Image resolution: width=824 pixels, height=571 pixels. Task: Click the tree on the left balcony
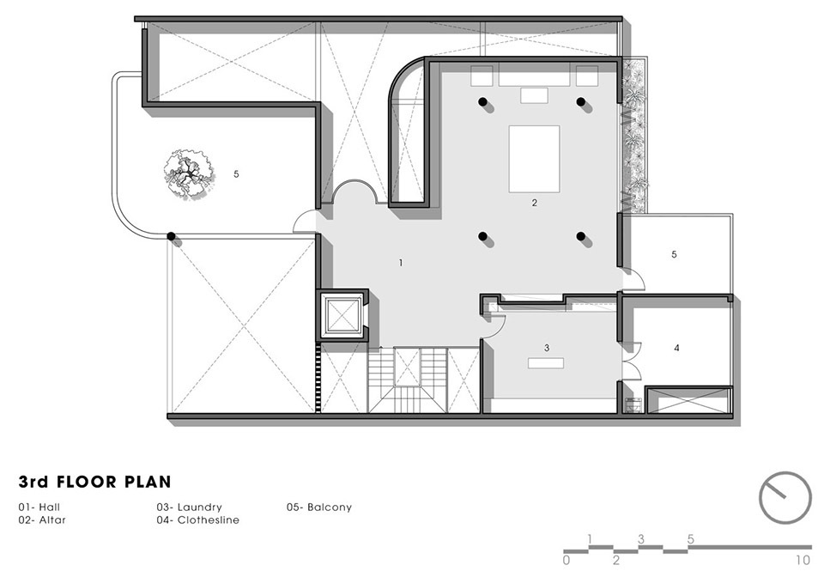click(188, 173)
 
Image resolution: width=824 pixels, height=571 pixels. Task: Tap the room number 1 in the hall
click(401, 263)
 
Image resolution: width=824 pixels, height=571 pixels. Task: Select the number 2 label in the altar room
click(535, 203)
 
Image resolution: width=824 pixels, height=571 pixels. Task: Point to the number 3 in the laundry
click(547, 348)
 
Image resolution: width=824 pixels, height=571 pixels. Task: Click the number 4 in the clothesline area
click(677, 348)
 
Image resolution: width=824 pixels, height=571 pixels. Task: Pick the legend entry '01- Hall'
click(39, 507)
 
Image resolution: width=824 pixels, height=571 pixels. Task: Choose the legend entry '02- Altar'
click(42, 520)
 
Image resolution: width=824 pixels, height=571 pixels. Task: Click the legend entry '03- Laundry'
click(189, 507)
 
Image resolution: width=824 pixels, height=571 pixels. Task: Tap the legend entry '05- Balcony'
click(319, 507)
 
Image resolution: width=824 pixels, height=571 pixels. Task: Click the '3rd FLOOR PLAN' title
click(95, 482)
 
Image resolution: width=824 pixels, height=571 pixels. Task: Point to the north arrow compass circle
click(785, 498)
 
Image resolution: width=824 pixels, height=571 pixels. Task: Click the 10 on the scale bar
click(803, 560)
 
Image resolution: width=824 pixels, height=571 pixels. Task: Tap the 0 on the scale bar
click(566, 560)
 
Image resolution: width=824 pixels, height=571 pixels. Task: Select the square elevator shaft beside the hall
click(342, 316)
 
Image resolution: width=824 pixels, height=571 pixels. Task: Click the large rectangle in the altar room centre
click(534, 159)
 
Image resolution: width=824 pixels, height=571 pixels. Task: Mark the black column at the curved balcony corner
click(171, 237)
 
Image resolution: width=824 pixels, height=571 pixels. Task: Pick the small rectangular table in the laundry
click(546, 363)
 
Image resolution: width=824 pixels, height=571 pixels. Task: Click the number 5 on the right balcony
click(675, 254)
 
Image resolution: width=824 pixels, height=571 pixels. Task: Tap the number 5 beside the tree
click(237, 173)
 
